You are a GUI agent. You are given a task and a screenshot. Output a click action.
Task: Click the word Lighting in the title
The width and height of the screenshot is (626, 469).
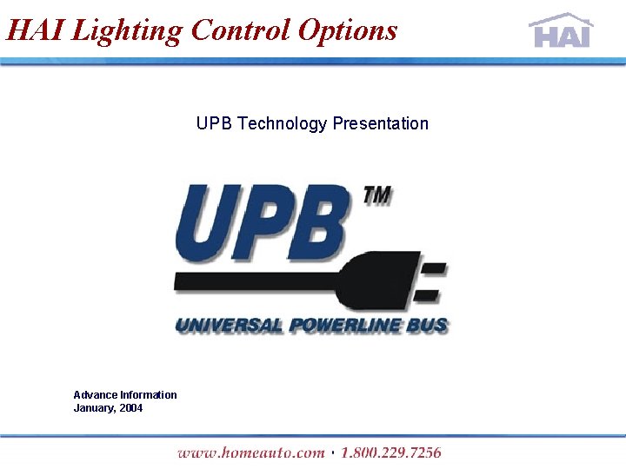click(x=128, y=30)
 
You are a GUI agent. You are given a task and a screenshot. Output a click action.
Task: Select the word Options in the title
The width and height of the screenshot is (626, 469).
click(x=347, y=30)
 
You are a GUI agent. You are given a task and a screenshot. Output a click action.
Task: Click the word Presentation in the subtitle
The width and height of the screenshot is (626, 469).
click(x=379, y=123)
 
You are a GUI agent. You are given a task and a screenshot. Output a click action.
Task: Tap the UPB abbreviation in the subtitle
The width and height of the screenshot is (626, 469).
click(x=214, y=123)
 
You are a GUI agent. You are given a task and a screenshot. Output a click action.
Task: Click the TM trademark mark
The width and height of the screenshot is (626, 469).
click(x=376, y=197)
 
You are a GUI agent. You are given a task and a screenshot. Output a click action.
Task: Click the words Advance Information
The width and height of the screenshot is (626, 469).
click(x=125, y=395)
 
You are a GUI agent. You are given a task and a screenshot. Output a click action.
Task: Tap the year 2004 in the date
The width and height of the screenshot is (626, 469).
click(x=131, y=408)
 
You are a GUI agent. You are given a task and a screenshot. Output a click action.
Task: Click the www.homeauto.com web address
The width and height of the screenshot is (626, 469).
click(x=250, y=452)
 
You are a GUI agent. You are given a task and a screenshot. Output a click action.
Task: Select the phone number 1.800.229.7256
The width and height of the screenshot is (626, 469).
click(x=390, y=452)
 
